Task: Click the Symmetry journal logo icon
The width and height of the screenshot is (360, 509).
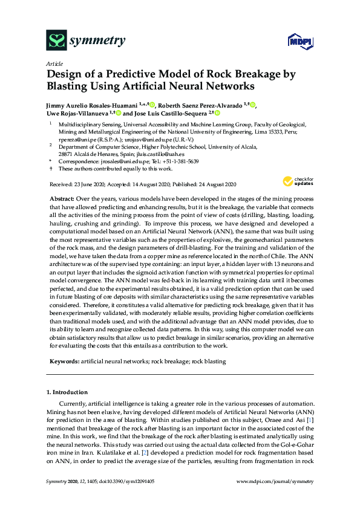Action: tap(56, 41)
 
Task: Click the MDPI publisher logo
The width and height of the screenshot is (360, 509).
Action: tap(295, 41)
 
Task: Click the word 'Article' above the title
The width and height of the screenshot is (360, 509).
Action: tap(54, 63)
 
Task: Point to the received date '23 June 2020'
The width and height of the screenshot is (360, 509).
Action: tap(87, 183)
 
